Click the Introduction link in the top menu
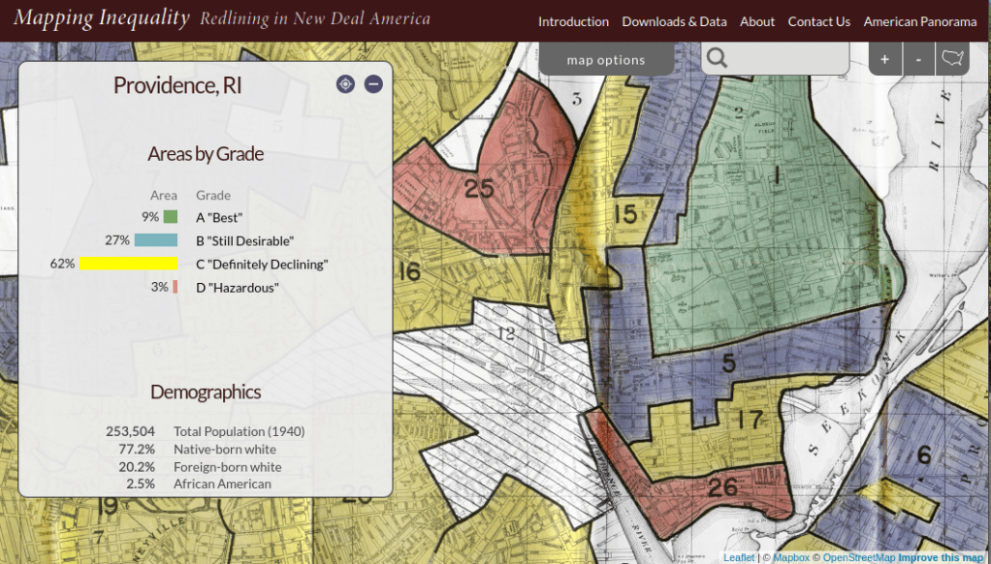(x=573, y=21)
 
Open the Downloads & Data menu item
(x=674, y=21)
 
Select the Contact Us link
(x=818, y=21)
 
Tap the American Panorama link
(x=919, y=21)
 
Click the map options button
(x=606, y=60)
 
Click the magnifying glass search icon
(x=717, y=59)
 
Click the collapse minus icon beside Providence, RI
(x=373, y=84)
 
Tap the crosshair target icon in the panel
(x=345, y=84)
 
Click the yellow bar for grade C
(x=128, y=264)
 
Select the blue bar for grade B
(x=155, y=240)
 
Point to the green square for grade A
(x=170, y=217)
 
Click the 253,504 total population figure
(x=130, y=431)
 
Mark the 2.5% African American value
(x=141, y=484)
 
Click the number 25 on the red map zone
(x=479, y=188)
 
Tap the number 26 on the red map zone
(x=722, y=486)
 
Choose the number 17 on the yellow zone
(x=750, y=420)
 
